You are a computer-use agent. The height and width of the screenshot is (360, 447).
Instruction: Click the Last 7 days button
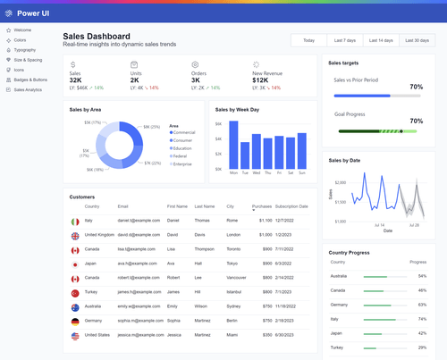344,40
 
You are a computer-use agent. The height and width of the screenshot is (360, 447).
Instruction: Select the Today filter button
308,40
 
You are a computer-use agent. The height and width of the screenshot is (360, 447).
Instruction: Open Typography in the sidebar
25,50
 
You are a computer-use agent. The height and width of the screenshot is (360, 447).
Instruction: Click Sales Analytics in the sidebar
28,89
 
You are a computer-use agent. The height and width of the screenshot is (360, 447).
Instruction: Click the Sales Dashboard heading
96,36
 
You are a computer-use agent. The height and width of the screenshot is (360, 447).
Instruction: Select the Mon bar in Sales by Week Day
234,144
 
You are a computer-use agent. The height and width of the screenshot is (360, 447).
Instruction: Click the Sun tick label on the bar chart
301,172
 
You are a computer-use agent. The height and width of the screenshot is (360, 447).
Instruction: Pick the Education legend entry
182,147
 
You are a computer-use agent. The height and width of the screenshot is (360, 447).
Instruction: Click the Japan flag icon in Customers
75,264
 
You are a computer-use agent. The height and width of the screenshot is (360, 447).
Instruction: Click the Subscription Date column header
291,206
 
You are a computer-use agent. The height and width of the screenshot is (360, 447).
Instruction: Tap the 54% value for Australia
422,276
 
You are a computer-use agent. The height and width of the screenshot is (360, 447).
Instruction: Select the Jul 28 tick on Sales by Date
413,225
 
